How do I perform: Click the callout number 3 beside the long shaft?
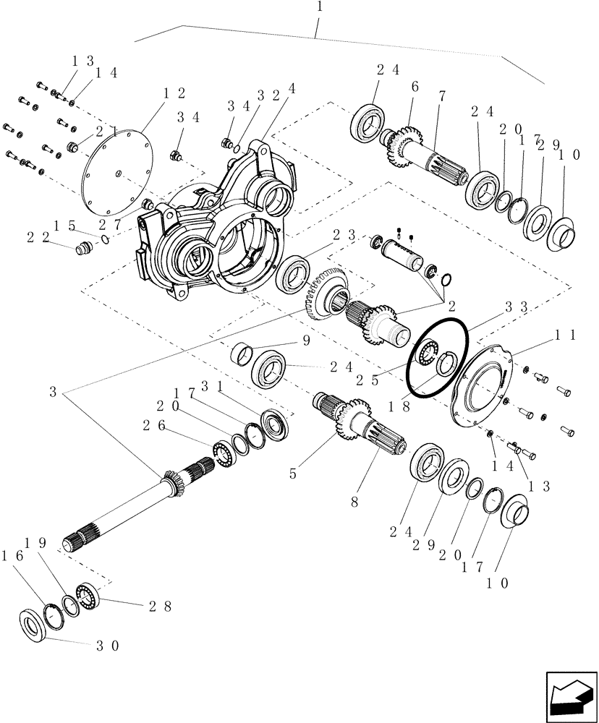(52, 393)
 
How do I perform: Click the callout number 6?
(415, 86)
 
